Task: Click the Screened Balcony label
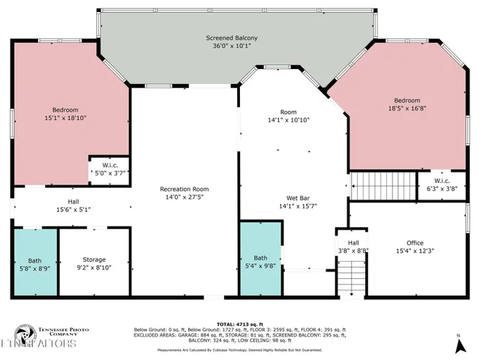tap(232, 37)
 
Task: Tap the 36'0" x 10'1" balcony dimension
tap(232, 45)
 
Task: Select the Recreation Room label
tap(184, 189)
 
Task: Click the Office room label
tap(415, 243)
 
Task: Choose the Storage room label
tap(94, 259)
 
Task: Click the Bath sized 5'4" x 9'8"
tap(260, 262)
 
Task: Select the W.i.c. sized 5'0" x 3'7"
tap(109, 169)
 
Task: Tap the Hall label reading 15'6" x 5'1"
tap(74, 205)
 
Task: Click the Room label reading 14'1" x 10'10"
tap(289, 116)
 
